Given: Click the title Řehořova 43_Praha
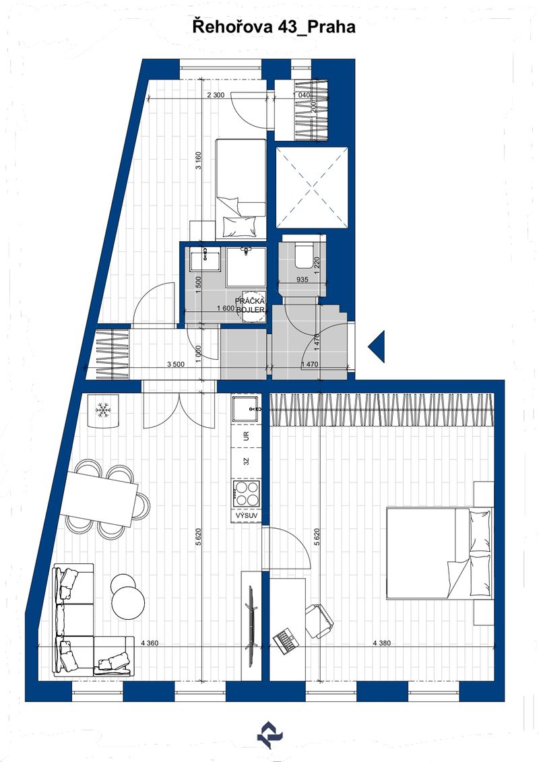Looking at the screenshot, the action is (x=274, y=27).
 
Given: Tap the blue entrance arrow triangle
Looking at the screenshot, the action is (x=377, y=346).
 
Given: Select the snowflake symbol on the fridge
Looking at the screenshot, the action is (x=103, y=410).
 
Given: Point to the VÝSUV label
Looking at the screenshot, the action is (x=247, y=515).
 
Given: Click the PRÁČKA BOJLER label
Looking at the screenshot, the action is (x=250, y=305).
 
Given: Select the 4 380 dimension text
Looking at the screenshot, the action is (x=381, y=643).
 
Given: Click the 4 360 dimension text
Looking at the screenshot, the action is (x=150, y=643).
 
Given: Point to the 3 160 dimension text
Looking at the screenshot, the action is (x=198, y=161).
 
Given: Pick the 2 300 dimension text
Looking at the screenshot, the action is (x=216, y=95).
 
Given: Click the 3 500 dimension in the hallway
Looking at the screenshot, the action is (x=175, y=364).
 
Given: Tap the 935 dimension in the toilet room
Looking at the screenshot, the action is (x=302, y=280).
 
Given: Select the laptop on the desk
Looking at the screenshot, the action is (x=285, y=641).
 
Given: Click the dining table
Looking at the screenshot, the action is (x=102, y=499).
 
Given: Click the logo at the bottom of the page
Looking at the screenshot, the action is (x=269, y=735).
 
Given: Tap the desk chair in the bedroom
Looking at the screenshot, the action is (x=319, y=621).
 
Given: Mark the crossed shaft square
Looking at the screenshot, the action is (x=312, y=187).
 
